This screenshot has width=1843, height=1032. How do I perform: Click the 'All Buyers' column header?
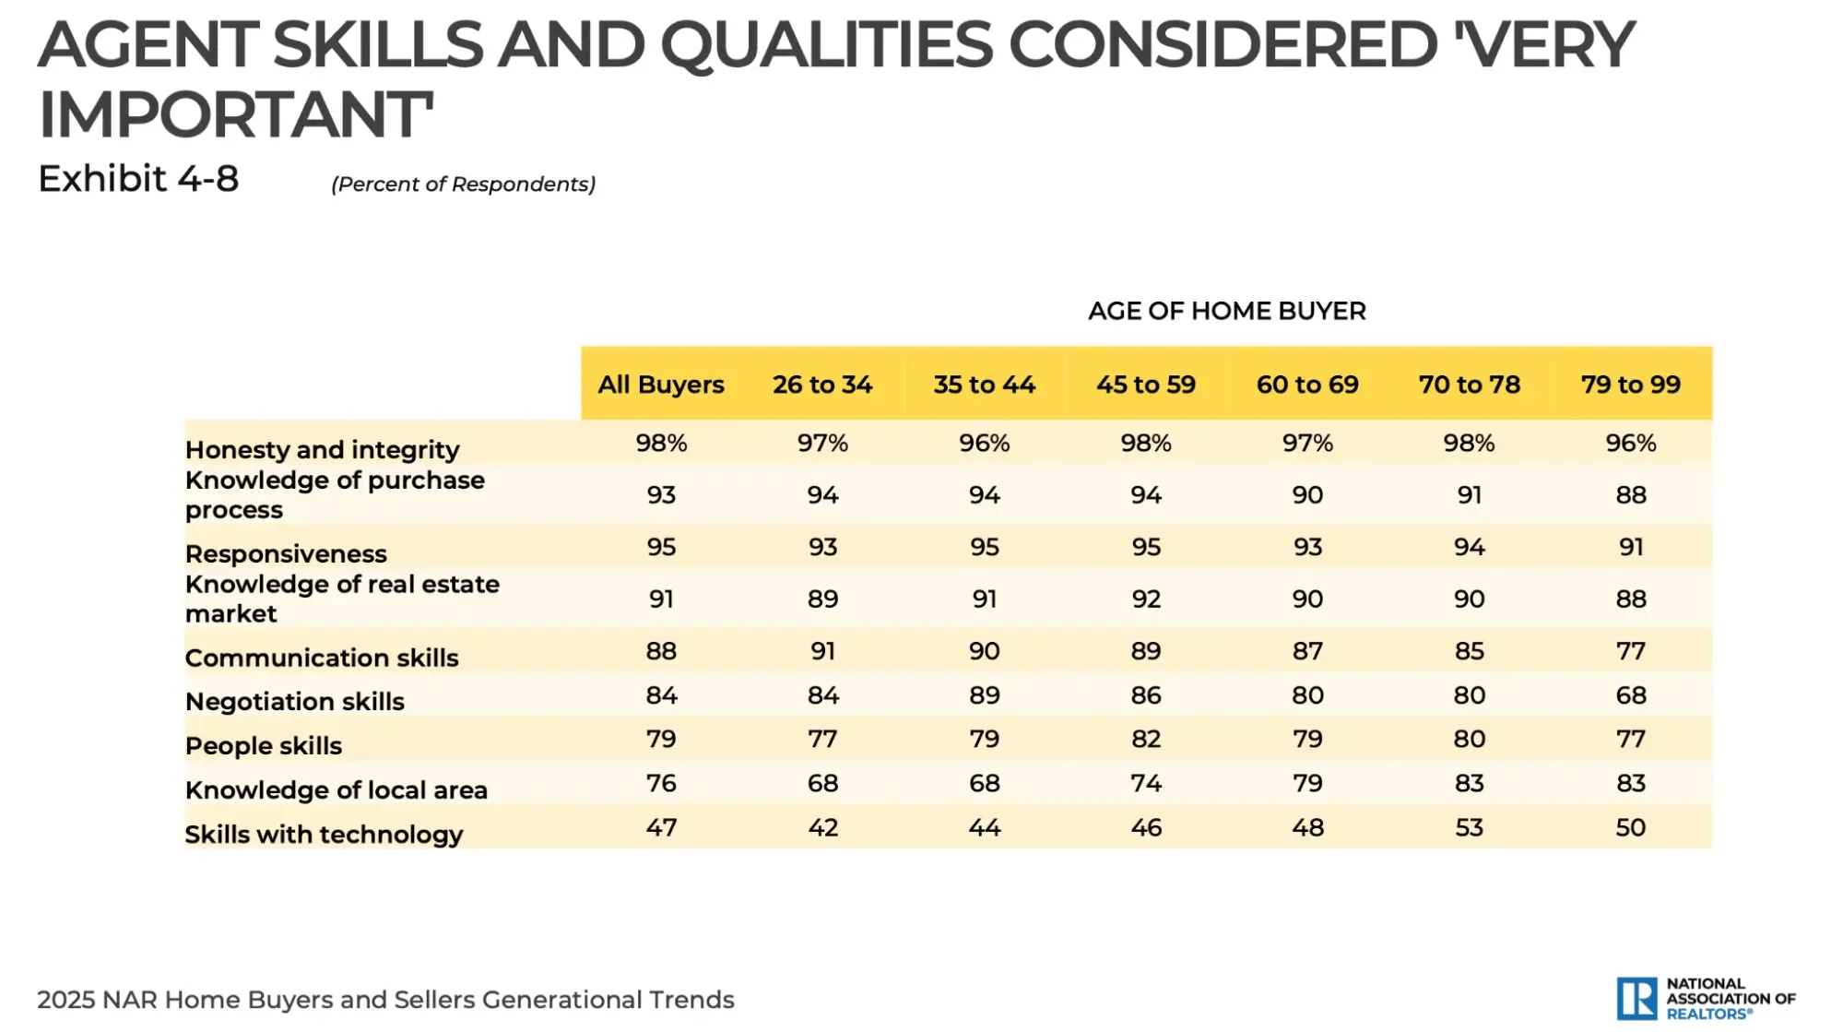tap(660, 385)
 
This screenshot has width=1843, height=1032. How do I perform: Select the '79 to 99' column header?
tap(1630, 385)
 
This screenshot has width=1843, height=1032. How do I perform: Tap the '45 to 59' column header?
tap(1145, 385)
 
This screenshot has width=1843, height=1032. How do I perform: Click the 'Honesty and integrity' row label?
tap(322, 450)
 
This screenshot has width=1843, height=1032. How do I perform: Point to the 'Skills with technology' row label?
tap(324, 835)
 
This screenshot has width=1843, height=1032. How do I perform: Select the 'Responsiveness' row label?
tap(286, 554)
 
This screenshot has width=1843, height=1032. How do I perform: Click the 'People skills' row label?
tap(263, 746)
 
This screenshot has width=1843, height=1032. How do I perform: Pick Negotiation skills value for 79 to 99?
tap(1630, 695)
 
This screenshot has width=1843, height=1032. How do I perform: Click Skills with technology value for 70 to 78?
tap(1469, 827)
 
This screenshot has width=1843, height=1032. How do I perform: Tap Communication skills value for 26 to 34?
tap(822, 651)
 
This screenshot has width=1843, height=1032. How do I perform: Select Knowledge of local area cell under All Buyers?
tap(660, 783)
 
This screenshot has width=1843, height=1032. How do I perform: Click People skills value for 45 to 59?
tap(1145, 739)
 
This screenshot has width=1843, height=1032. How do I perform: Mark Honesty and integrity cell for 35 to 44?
tap(984, 444)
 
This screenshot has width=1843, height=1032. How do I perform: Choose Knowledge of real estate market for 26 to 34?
tap(822, 599)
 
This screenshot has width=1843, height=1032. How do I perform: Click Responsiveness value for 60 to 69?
tap(1306, 547)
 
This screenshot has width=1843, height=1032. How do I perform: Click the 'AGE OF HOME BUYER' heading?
tap(1226, 311)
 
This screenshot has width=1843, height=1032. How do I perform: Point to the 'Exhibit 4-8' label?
tap(138, 179)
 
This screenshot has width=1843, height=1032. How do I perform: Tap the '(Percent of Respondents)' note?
tap(463, 184)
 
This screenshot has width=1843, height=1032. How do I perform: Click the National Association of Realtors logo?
tap(1705, 999)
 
